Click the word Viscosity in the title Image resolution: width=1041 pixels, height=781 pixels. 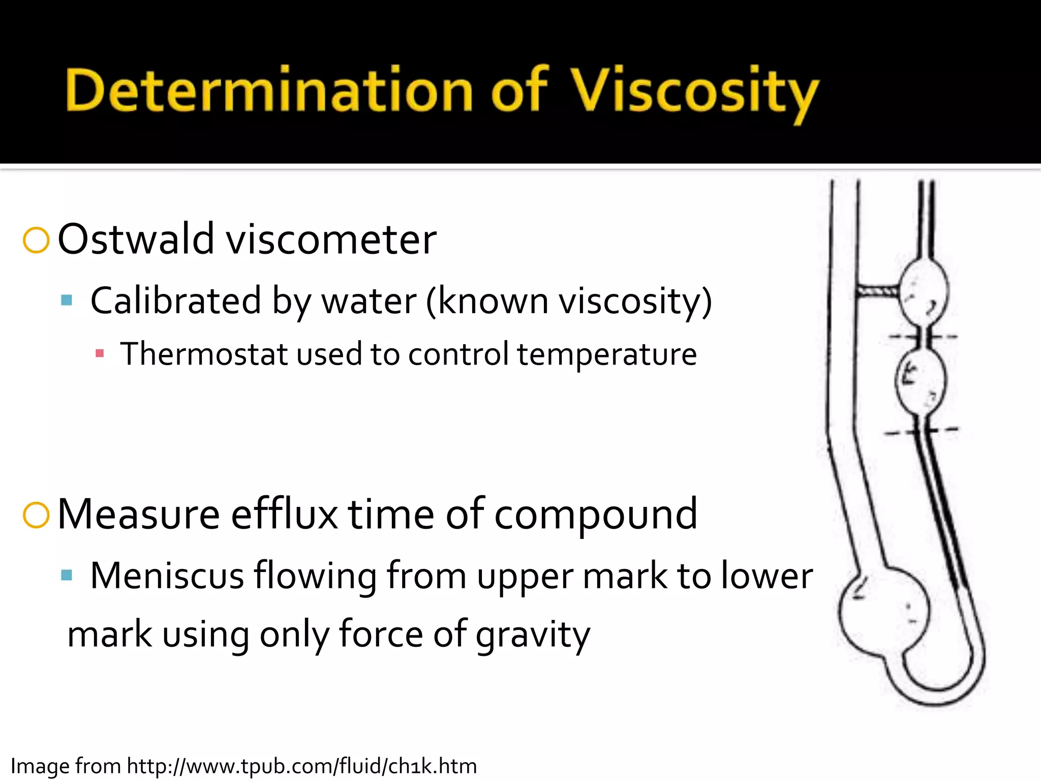point(694,92)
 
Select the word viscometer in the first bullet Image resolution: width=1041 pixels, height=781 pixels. point(331,240)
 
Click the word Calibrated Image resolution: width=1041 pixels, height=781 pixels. point(175,301)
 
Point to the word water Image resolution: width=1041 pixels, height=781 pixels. point(369,301)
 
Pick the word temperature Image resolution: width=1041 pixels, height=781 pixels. point(607,355)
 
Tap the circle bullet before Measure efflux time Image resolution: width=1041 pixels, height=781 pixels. point(36,515)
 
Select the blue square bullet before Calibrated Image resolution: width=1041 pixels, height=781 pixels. point(67,300)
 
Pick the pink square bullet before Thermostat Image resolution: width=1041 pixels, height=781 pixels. point(100,353)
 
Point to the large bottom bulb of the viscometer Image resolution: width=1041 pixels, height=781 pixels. point(883,610)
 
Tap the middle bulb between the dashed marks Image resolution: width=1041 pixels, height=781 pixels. point(921,380)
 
